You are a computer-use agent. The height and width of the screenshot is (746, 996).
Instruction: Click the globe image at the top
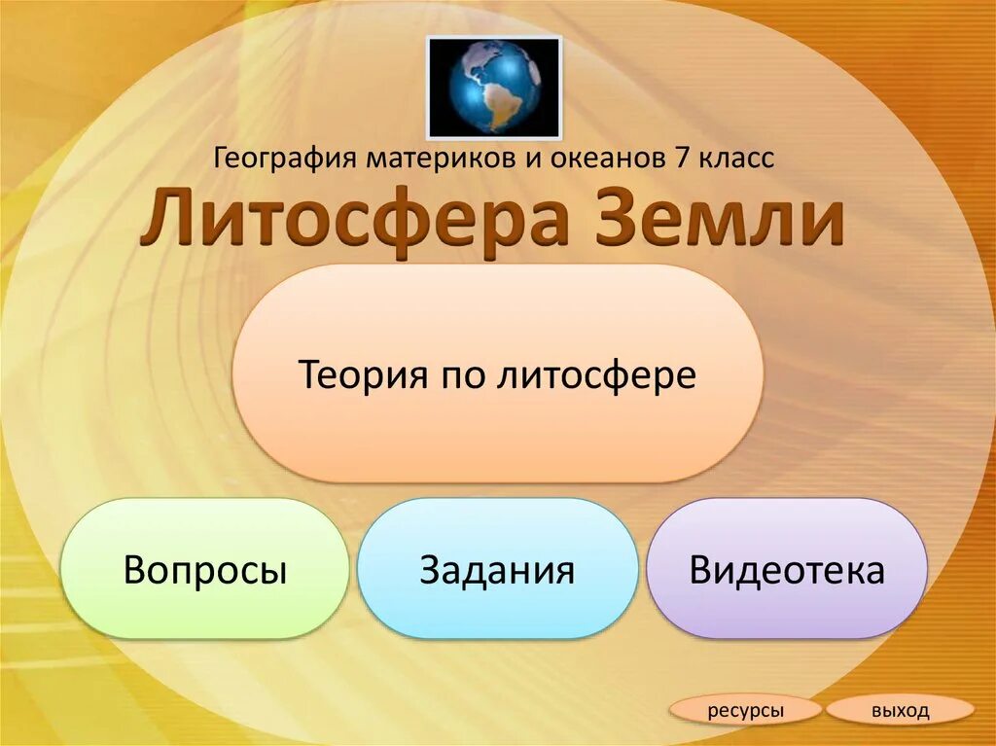coord(493,87)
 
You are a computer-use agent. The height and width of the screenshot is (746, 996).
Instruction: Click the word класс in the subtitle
coord(735,158)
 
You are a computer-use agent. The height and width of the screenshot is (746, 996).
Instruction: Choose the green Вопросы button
coord(204,569)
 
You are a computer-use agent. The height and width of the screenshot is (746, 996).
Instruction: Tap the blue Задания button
coord(497,569)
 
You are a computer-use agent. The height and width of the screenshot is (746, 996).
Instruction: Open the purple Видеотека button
coord(787,569)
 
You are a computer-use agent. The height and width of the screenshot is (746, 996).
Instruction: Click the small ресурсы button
coord(746,711)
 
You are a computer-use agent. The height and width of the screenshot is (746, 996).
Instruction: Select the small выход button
coord(900,711)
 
